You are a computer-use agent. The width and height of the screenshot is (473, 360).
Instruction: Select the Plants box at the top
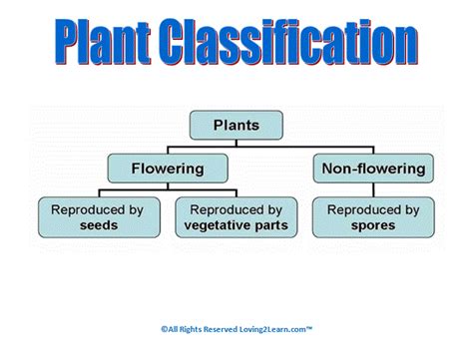236,126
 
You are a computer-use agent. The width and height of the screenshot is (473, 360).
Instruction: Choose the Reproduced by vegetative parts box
236,216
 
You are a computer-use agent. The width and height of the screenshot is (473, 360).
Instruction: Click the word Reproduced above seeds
91,208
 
